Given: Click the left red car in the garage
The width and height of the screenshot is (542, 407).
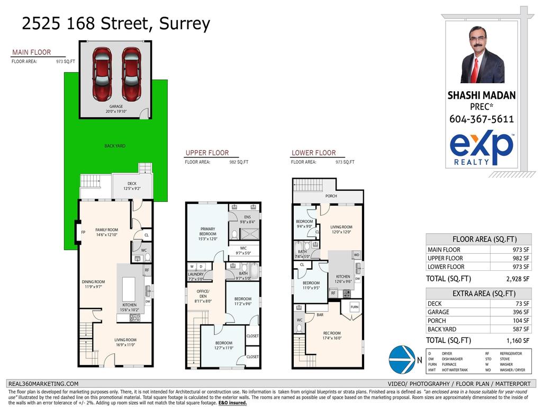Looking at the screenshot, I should point(102,74).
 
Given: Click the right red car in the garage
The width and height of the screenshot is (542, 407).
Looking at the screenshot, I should point(131,74).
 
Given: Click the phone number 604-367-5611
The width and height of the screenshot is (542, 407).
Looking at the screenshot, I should point(482,119).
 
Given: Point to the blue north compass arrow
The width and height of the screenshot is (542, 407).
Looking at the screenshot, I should point(402,359).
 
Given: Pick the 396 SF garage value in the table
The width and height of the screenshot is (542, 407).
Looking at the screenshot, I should point(522,312).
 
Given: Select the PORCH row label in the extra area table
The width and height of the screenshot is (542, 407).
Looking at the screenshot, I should point(437,321).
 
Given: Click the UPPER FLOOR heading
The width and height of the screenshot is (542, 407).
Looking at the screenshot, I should point(207,153).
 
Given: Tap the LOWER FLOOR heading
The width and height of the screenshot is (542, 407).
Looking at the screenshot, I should point(313,153).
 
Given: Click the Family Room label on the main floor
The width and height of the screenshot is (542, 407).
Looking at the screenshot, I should point(106,232).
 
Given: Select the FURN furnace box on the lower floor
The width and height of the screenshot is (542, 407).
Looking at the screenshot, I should point(354,307).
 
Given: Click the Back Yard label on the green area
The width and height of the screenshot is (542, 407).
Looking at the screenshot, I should point(115,146).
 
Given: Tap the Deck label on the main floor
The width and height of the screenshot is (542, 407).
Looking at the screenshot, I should point(132,186).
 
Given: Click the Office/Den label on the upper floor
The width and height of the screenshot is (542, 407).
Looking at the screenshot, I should point(203,295).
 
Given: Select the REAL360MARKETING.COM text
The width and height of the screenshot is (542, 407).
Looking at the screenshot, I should point(43,384).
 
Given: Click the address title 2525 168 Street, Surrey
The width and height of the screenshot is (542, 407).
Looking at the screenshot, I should point(116,24).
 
